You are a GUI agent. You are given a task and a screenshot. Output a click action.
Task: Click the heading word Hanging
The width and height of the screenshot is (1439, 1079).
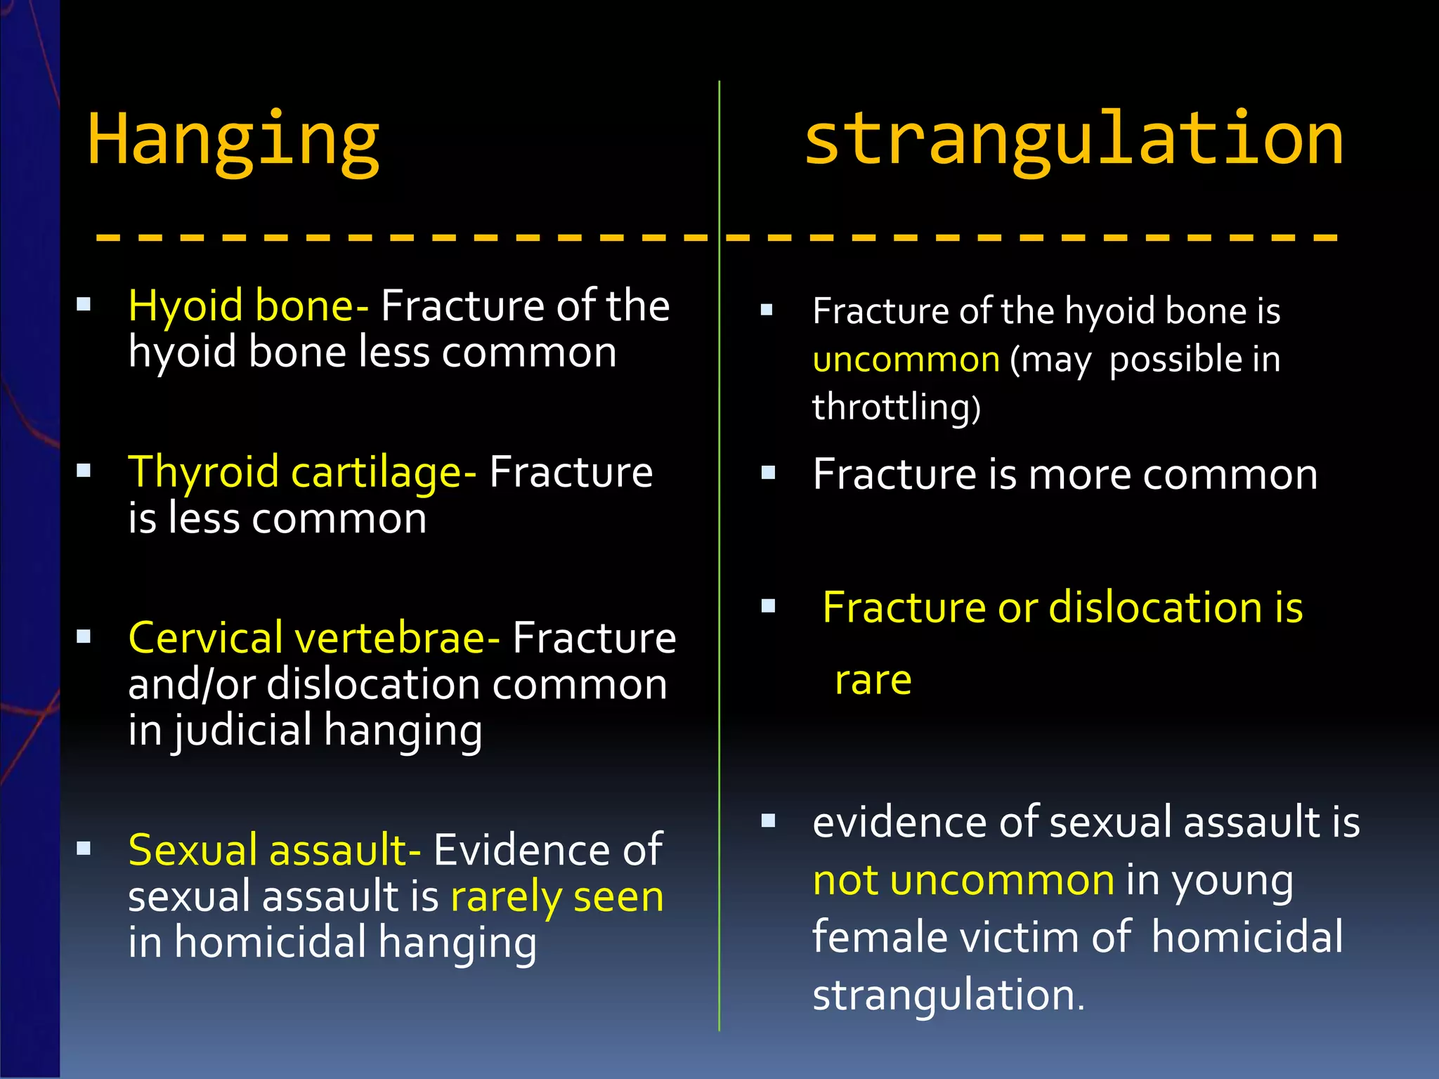(233, 140)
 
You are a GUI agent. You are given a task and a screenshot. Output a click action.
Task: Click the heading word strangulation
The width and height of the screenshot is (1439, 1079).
(1073, 140)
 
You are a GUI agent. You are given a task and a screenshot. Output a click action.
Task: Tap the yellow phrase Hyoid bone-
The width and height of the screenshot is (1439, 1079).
(248, 306)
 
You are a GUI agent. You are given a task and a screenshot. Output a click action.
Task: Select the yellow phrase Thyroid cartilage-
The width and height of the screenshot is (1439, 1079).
(302, 471)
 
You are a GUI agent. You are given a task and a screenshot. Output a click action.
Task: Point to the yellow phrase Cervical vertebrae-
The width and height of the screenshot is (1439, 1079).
(314, 638)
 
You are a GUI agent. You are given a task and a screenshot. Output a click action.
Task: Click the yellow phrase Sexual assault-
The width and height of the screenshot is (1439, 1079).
(275, 850)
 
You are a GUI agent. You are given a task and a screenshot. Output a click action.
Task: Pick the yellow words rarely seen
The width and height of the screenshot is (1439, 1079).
(557, 897)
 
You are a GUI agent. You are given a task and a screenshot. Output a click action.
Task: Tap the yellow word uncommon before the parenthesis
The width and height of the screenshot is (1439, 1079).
(906, 360)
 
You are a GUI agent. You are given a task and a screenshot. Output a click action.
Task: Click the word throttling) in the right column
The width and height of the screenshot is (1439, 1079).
(896, 407)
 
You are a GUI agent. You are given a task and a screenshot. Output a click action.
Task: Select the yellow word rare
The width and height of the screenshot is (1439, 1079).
(873, 680)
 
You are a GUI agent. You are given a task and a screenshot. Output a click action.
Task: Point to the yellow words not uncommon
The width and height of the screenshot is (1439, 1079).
(963, 880)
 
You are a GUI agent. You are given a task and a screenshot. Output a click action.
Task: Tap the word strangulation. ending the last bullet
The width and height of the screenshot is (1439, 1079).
(949, 995)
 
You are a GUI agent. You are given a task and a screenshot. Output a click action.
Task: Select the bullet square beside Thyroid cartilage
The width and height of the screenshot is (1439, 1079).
(84, 471)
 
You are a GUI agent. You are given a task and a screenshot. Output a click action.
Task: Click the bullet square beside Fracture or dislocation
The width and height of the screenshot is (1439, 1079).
(768, 606)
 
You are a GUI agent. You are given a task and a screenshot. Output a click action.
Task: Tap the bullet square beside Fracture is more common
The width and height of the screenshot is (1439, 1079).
(768, 473)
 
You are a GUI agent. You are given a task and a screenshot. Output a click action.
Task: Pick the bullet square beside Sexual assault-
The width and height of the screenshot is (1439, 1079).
(84, 849)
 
